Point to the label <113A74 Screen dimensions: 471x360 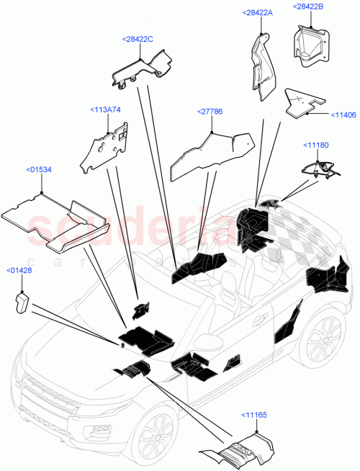pyautogui.click(x=106, y=109)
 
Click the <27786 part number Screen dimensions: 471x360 pyautogui.click(x=210, y=112)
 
